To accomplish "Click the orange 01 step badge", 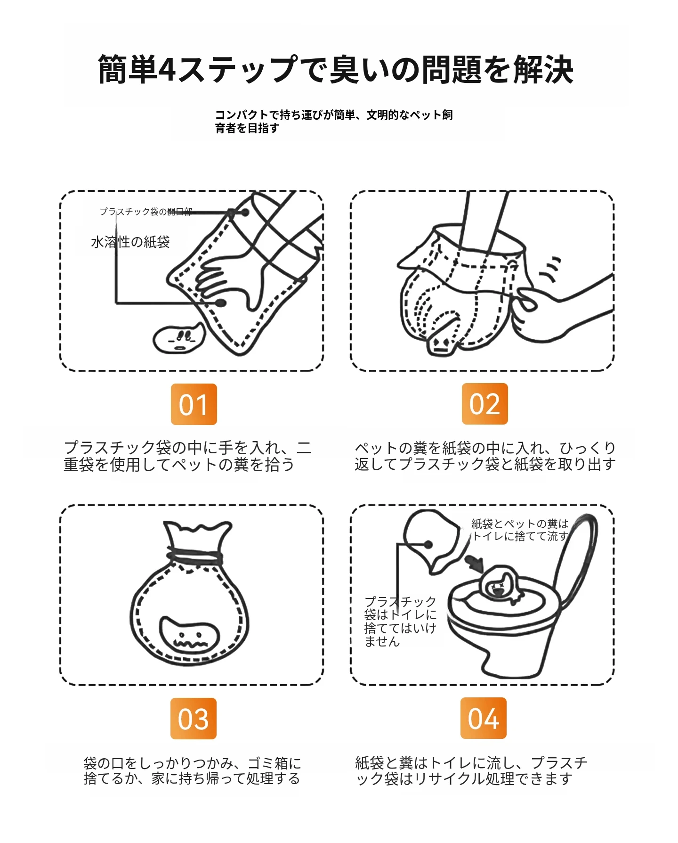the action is (194, 404).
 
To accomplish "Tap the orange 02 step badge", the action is (484, 404).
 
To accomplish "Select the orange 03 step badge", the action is (194, 718).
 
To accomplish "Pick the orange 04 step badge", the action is (484, 718).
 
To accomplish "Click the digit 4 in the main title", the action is (167, 70).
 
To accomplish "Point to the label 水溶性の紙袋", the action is (130, 242).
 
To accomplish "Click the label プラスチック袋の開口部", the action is (146, 212).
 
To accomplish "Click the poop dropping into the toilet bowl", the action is (502, 584).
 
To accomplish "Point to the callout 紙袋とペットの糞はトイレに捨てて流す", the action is (520, 530).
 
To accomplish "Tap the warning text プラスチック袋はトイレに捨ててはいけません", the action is (400, 621).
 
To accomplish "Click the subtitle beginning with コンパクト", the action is (334, 121).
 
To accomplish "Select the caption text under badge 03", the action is (192, 770).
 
